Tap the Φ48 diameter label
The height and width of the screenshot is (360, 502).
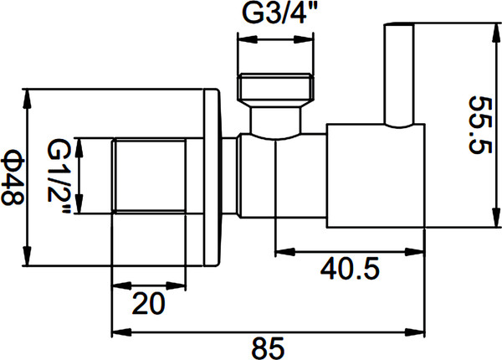[12, 176]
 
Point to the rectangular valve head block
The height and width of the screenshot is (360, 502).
[372, 177]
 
